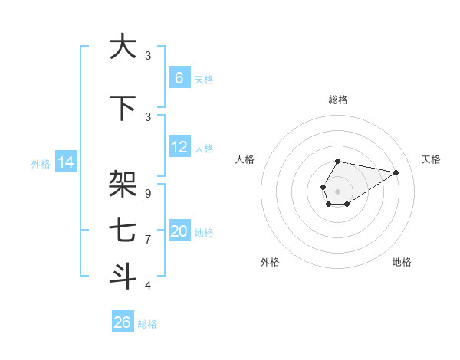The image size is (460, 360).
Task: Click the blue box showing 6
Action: pos(179,78)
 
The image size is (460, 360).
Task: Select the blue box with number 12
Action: pos(179,147)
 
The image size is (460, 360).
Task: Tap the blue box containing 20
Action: pos(179,231)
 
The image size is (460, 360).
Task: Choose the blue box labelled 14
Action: pos(65,162)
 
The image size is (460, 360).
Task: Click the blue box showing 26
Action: pos(122,322)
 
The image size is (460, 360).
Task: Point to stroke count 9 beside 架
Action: pos(148,194)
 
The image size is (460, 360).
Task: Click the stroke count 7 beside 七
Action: pos(148,240)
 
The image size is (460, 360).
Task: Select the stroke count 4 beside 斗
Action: pos(148,286)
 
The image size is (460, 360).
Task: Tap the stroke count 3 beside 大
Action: pos(148,56)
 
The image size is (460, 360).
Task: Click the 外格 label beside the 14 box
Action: pos(41,163)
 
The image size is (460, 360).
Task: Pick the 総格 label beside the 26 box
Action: pos(147,324)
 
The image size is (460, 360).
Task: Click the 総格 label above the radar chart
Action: pos(337,100)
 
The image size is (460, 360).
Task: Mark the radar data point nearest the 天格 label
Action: pos(396,172)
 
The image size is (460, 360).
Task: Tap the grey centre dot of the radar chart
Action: pos(337,190)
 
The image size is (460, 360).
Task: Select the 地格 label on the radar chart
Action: pos(402,262)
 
